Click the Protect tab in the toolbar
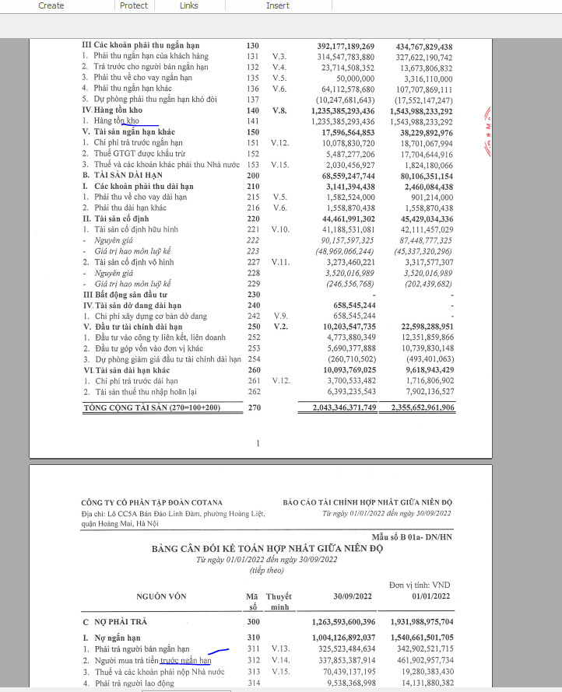[134, 5]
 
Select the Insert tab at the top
[278, 5]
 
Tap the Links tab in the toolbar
[188, 5]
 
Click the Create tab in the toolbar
[51, 5]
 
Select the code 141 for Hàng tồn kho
[251, 121]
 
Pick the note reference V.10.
[280, 229]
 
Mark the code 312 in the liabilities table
[251, 661]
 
